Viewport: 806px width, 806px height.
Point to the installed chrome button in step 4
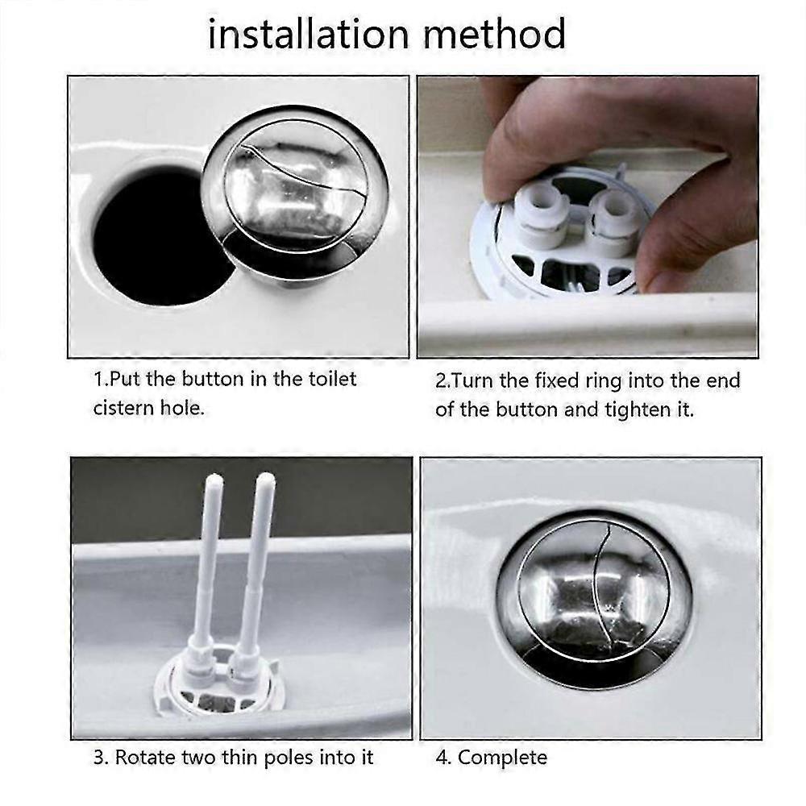tap(593, 596)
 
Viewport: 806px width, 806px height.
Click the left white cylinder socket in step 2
tap(539, 214)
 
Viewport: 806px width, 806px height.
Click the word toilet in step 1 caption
tap(330, 379)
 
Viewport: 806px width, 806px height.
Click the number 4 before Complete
tap(442, 758)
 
